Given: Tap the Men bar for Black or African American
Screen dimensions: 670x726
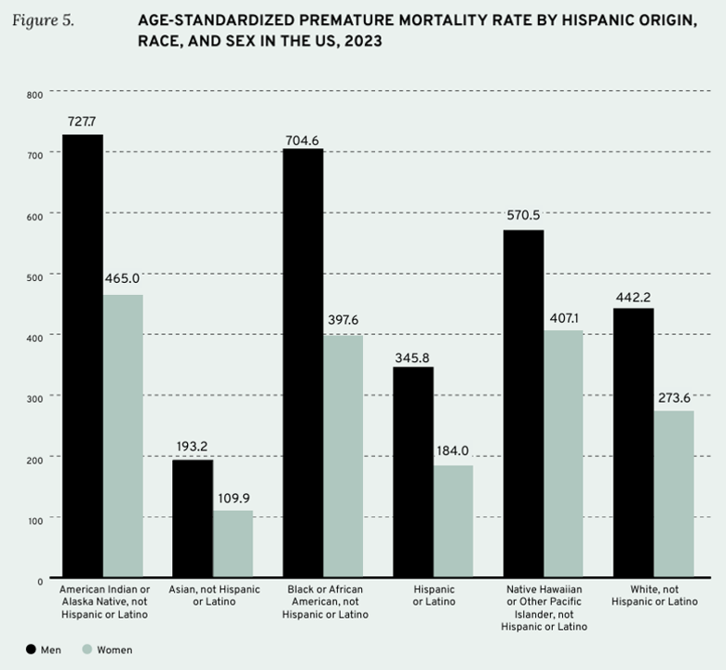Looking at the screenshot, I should point(302,363).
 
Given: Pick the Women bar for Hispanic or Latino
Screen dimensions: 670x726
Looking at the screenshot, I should point(453,521).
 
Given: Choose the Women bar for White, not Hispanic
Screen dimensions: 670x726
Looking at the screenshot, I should point(674,493).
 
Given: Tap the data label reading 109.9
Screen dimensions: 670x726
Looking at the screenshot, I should point(234,498).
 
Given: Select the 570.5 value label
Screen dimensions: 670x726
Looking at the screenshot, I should point(523,216).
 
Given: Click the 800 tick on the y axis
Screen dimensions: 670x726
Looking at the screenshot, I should point(34,95).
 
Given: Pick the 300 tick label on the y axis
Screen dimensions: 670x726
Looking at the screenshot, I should point(34,397).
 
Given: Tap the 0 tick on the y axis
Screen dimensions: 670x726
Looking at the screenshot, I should point(40,581).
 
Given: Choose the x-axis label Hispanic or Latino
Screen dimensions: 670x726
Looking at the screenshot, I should point(434,596).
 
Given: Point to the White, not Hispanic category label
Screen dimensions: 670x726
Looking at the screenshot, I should point(653,596).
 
